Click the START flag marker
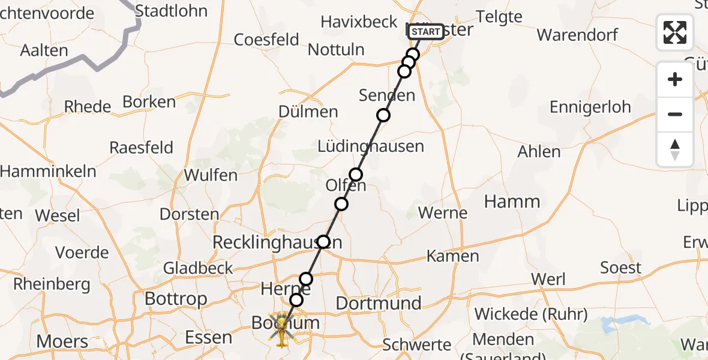pyautogui.click(x=426, y=32)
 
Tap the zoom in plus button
pyautogui.click(x=675, y=79)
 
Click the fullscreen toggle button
pyautogui.click(x=675, y=32)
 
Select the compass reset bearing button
pyautogui.click(x=675, y=149)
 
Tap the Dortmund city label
pyautogui.click(x=378, y=304)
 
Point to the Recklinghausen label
pyautogui.click(x=278, y=243)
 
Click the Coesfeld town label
pyautogui.click(x=266, y=40)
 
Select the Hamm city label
pyautogui.click(x=512, y=202)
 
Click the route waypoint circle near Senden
pyautogui.click(x=383, y=115)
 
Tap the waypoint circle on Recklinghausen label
pyautogui.click(x=323, y=242)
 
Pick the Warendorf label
pyautogui.click(x=577, y=34)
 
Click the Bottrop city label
pyautogui.click(x=176, y=298)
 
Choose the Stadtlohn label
pyautogui.click(x=171, y=11)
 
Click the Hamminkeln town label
pyautogui.click(x=48, y=171)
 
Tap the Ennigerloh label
pyautogui.click(x=590, y=107)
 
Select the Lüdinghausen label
pyautogui.click(x=370, y=146)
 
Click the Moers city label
pyautogui.click(x=62, y=342)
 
